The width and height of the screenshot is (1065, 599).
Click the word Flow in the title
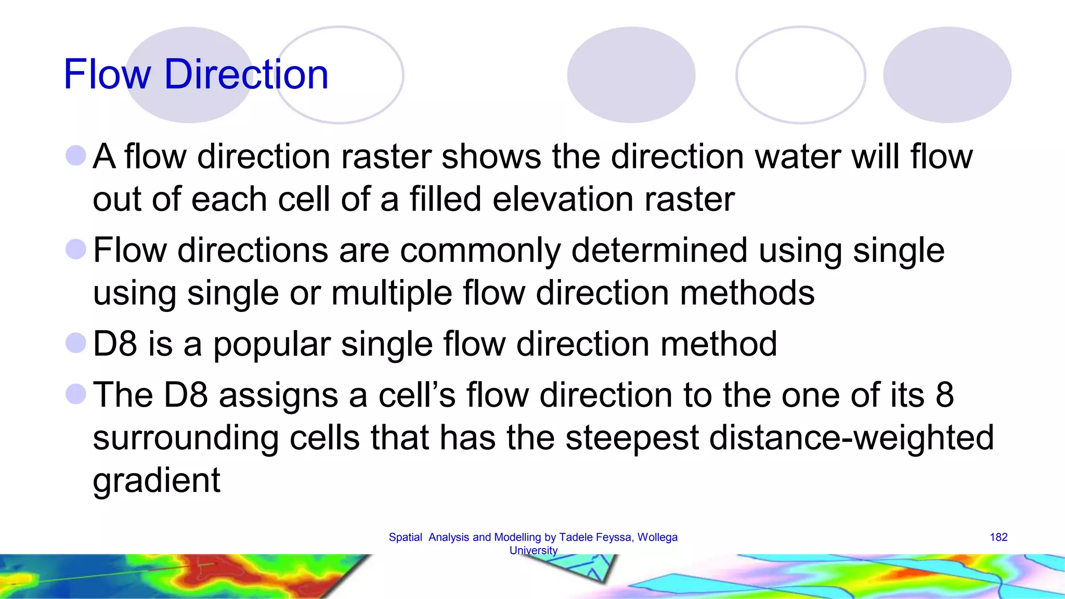[x=107, y=74]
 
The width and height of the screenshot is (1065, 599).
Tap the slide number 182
[x=998, y=537]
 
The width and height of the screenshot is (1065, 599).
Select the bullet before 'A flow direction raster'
[x=76, y=155]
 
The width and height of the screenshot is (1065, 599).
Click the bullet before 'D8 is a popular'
[x=76, y=343]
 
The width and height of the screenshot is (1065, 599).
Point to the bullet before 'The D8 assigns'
[x=76, y=394]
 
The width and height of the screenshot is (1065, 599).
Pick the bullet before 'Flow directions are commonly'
[x=76, y=249]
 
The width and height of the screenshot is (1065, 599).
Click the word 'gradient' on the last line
[x=157, y=480]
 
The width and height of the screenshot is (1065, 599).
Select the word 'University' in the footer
[x=533, y=550]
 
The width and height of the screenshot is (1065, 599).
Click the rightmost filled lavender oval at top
[x=946, y=75]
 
